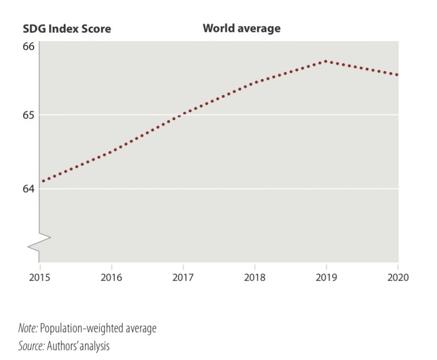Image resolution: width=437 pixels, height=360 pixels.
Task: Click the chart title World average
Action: (241, 28)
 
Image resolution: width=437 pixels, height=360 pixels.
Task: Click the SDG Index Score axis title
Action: (67, 28)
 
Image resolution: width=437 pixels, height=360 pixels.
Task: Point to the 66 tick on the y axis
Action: (28, 46)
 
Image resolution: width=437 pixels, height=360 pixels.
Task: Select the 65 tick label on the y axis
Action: (28, 115)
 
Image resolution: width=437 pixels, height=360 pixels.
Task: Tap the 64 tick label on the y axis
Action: (28, 189)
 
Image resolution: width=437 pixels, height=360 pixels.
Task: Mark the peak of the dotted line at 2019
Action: (325, 61)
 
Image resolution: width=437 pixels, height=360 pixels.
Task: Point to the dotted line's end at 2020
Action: (397, 75)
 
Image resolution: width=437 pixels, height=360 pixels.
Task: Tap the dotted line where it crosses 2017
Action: (183, 113)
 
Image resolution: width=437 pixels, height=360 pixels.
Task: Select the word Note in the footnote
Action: (26, 329)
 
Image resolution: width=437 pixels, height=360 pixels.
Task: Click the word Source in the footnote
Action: (29, 345)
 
